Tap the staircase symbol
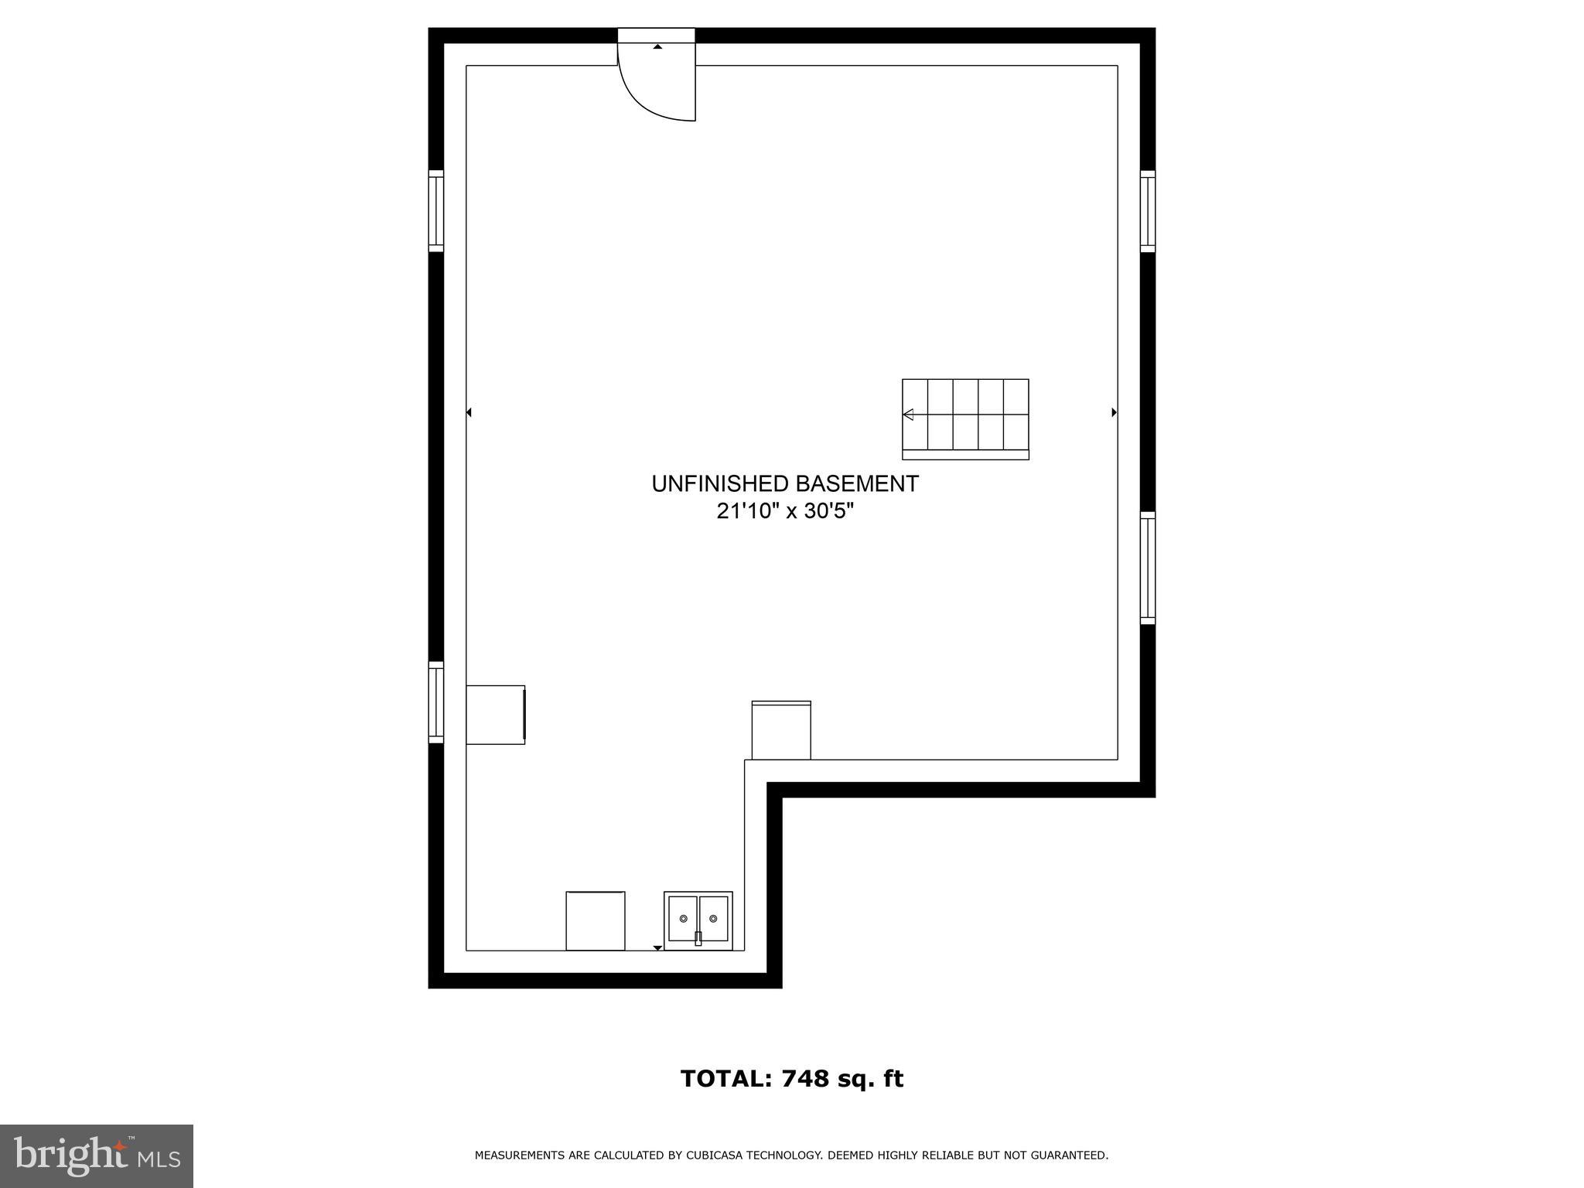click(x=965, y=418)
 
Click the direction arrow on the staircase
click(x=909, y=415)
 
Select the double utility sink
click(x=698, y=920)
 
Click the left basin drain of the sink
click(x=683, y=918)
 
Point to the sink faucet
click(x=698, y=938)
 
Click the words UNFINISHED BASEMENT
click(x=785, y=484)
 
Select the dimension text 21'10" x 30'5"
click(x=785, y=511)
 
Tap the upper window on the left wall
click(x=436, y=210)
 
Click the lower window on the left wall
click(x=436, y=702)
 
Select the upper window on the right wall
click(x=1148, y=210)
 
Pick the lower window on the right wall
click(x=1148, y=568)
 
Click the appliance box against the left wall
click(x=495, y=715)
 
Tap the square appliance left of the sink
click(x=596, y=920)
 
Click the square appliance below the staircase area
click(x=781, y=730)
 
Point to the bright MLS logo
click(x=97, y=1156)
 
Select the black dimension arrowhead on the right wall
click(x=1114, y=412)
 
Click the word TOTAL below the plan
click(x=725, y=1079)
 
